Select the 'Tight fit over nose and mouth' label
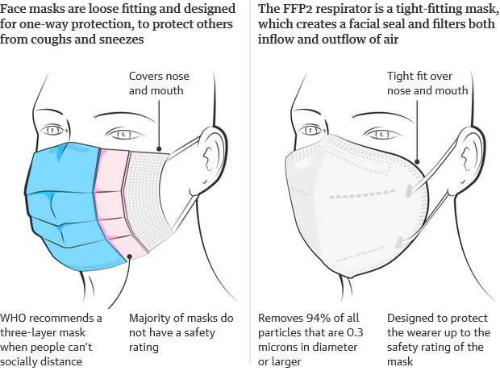(x=427, y=83)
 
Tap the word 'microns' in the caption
(x=280, y=347)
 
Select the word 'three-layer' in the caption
(x=32, y=332)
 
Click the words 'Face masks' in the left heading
(x=31, y=10)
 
